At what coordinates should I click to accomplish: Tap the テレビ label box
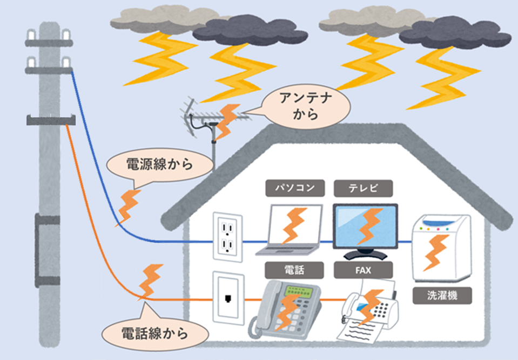[363, 188]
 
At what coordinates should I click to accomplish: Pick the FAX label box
[363, 269]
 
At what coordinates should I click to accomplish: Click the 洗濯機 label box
[441, 296]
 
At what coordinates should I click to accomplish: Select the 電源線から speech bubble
[157, 164]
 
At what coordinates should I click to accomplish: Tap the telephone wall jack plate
[228, 298]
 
